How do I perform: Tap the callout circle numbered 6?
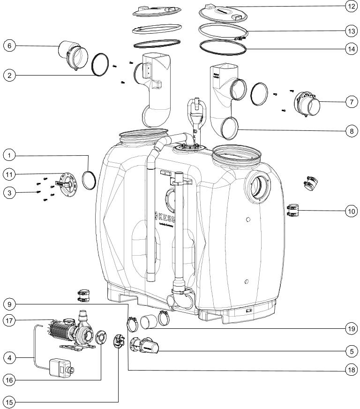(9, 46)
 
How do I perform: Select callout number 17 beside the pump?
(9, 321)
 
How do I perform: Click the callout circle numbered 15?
(9, 401)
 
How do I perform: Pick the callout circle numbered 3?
(9, 192)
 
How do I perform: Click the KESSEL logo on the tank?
(167, 218)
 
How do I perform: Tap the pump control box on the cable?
(59, 366)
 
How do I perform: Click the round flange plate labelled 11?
(65, 183)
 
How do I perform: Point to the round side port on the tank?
(256, 188)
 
